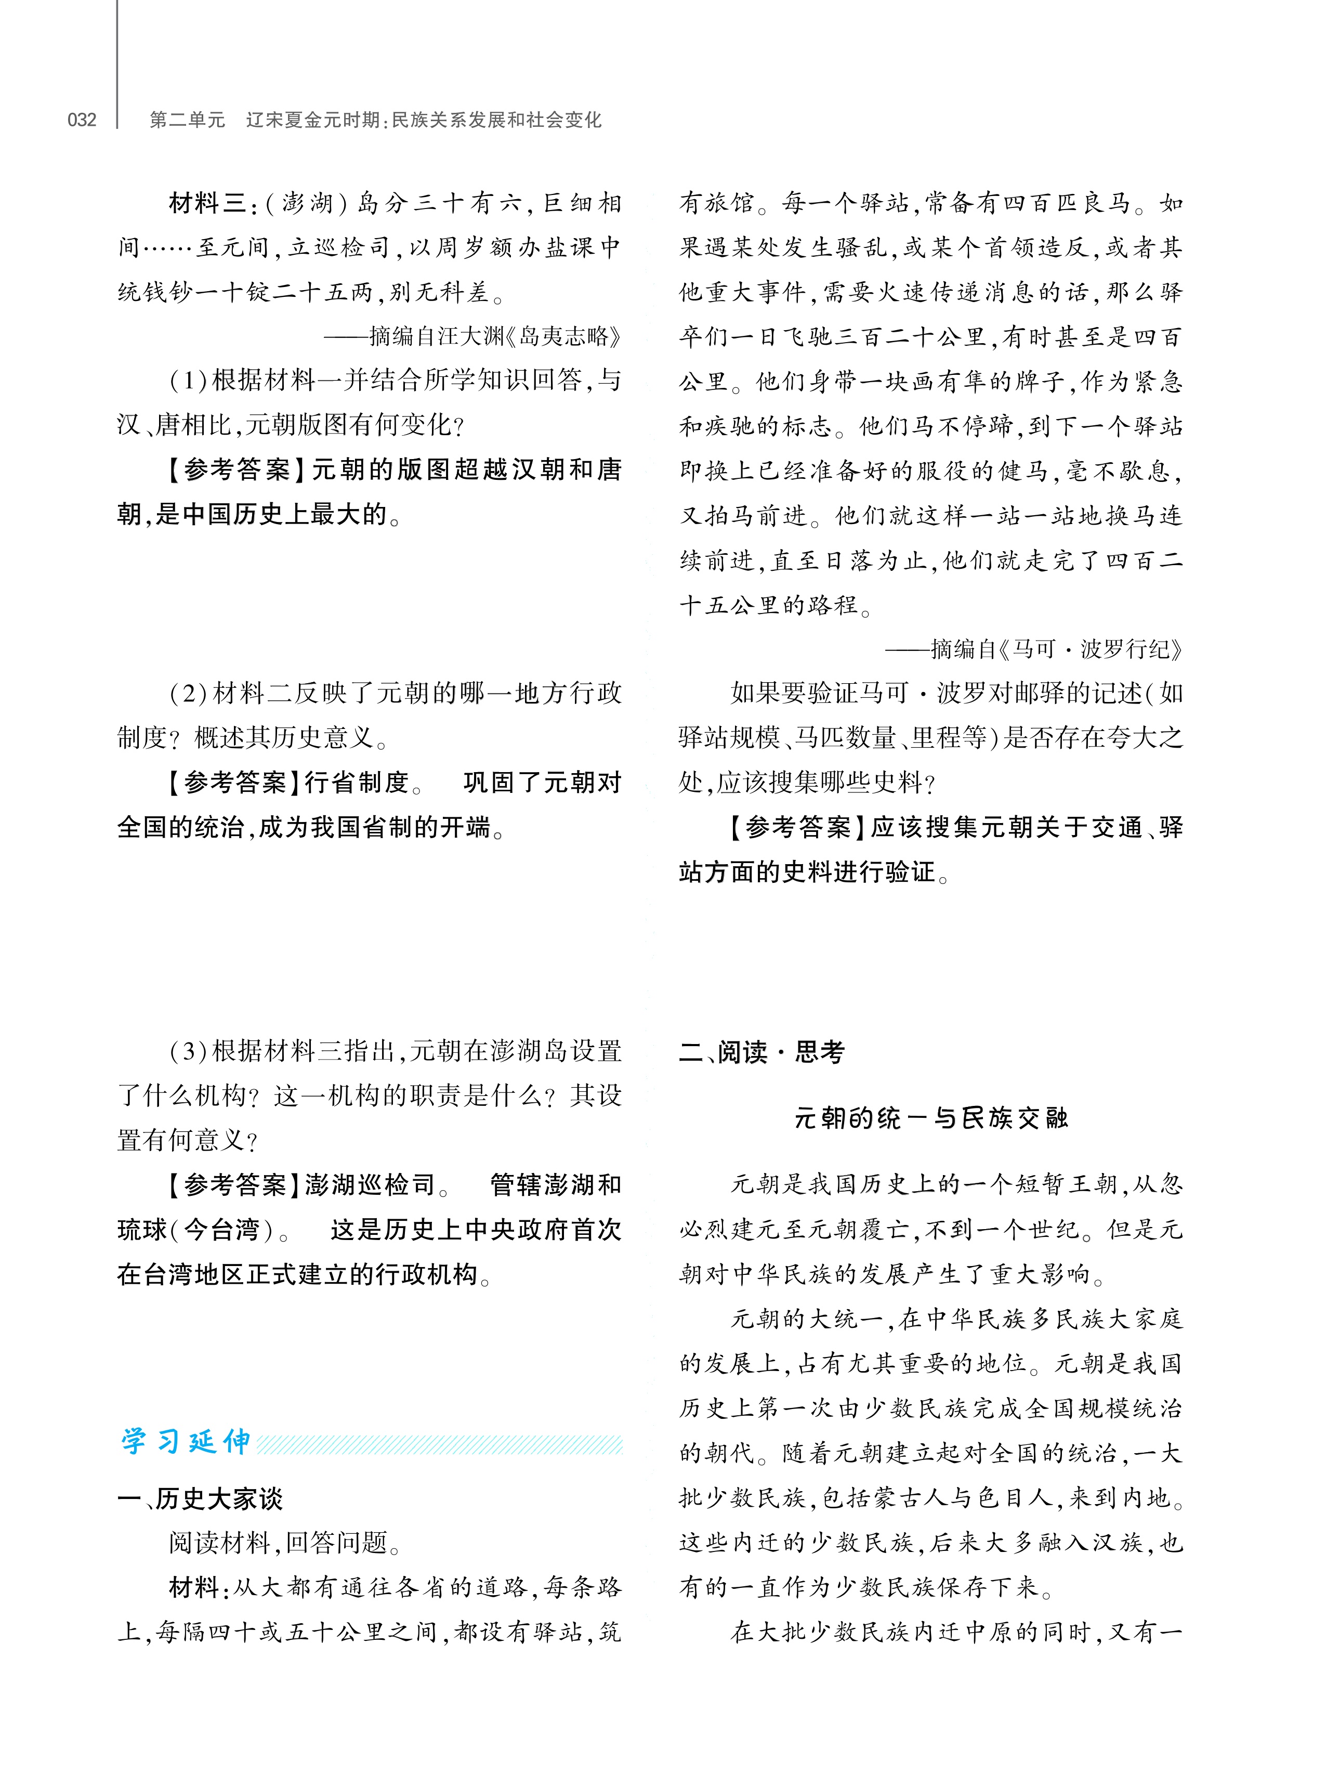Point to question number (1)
189,381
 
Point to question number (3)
189,1051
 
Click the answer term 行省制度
357,782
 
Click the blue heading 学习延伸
186,1443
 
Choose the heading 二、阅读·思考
762,1052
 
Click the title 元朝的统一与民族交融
930,1117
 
